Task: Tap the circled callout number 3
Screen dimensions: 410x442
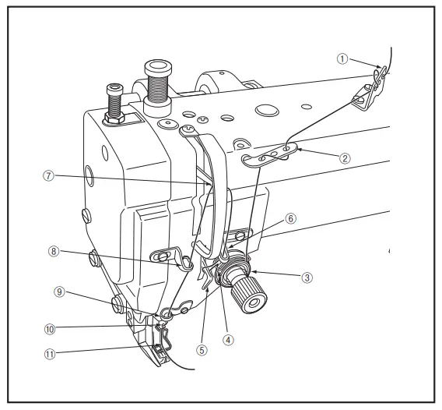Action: [308, 276]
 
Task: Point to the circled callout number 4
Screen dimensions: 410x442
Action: [228, 339]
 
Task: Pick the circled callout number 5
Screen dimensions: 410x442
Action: [202, 350]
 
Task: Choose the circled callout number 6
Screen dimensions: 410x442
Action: [291, 220]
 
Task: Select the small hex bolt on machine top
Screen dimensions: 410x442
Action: [114, 102]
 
